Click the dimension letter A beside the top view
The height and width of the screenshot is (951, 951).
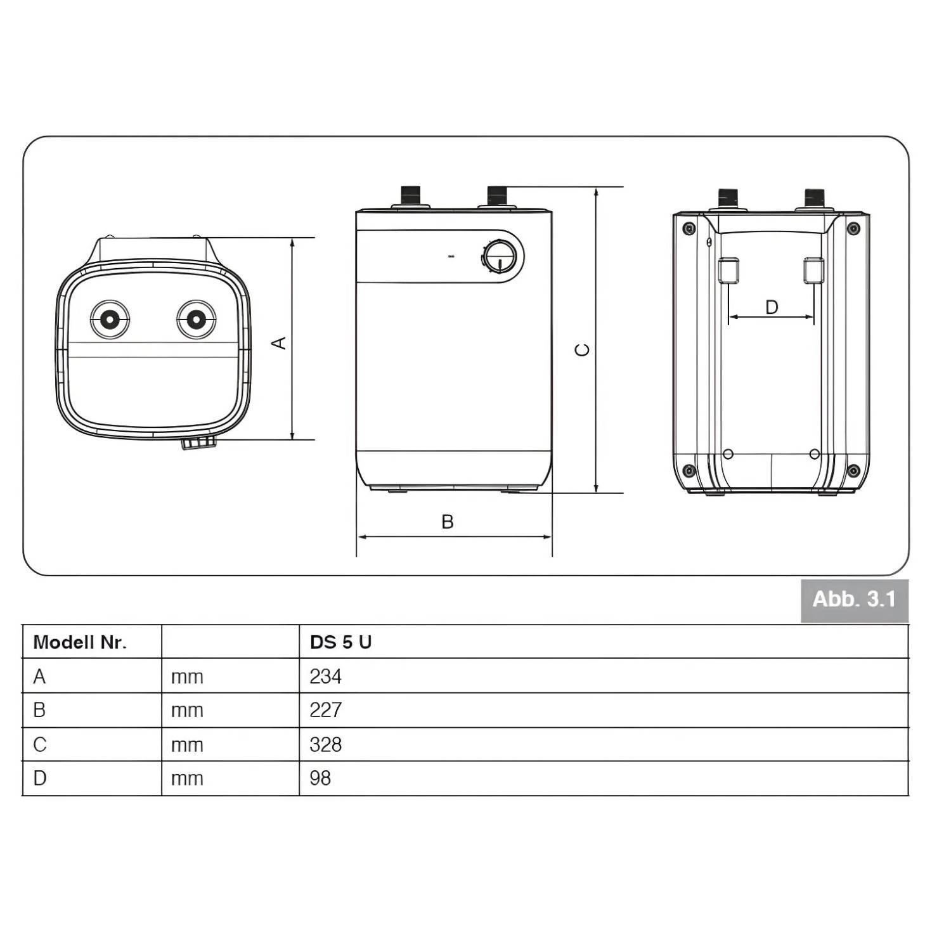(279, 343)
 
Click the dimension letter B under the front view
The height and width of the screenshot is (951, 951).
(448, 522)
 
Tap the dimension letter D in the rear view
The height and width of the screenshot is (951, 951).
(772, 307)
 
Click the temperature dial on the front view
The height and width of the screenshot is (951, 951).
(500, 257)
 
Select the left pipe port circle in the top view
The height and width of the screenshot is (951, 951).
(110, 319)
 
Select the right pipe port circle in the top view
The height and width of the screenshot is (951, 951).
(197, 319)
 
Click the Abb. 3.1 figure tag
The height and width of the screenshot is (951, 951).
(854, 600)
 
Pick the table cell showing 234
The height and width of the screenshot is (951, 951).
(326, 676)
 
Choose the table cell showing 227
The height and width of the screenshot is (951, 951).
(326, 710)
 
